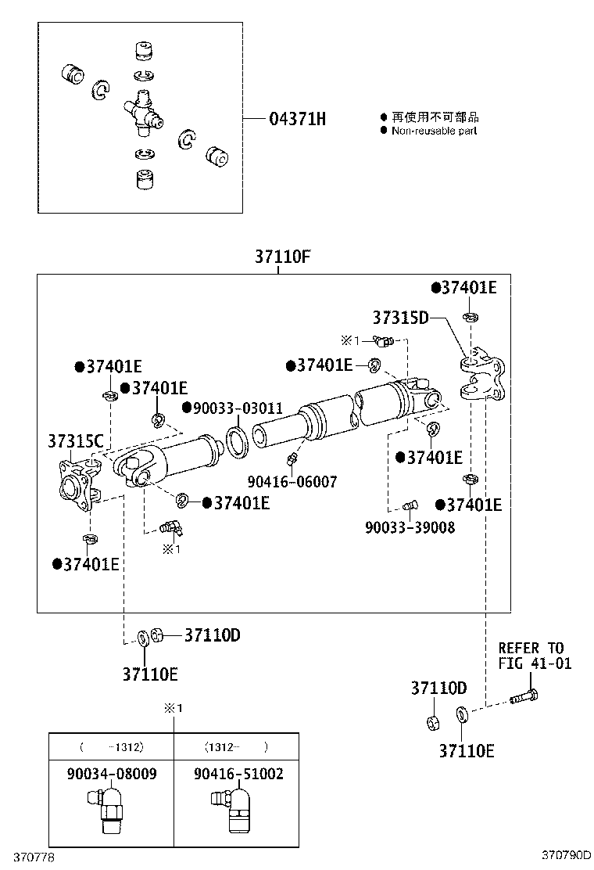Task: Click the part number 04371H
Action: pyautogui.click(x=297, y=119)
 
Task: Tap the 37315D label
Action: pyautogui.click(x=400, y=318)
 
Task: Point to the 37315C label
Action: pyautogui.click(x=76, y=441)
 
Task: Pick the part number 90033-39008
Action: pyautogui.click(x=410, y=527)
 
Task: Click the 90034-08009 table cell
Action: pyautogui.click(x=111, y=774)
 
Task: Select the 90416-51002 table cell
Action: pyautogui.click(x=238, y=774)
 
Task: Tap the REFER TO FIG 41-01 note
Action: pyautogui.click(x=535, y=656)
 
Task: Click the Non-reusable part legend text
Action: pyautogui.click(x=434, y=131)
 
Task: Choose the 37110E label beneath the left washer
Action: pyautogui.click(x=149, y=673)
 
